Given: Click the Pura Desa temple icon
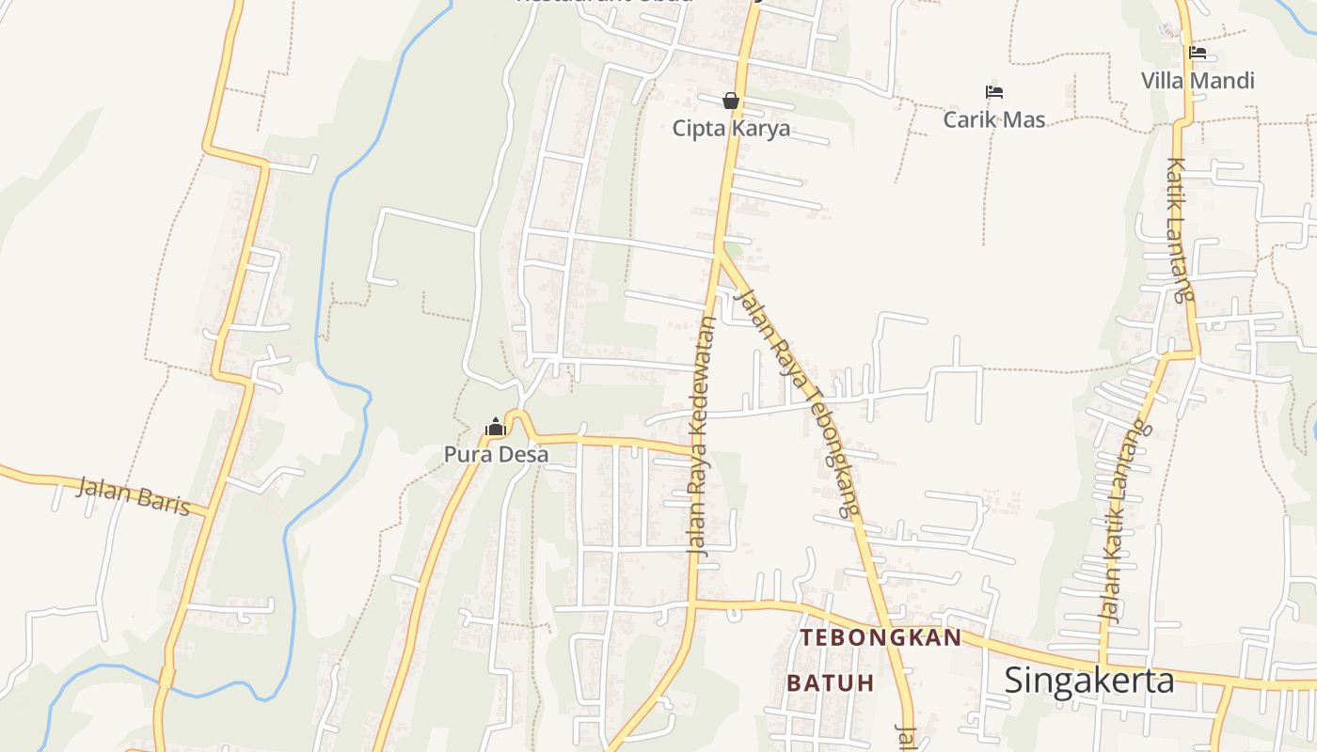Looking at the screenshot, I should [x=496, y=428].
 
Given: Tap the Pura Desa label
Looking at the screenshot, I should [x=496, y=455].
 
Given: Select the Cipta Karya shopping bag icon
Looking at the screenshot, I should [x=731, y=101].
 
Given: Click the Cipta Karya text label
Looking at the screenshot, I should [x=731, y=129].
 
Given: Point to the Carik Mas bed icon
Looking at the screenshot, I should [x=994, y=92].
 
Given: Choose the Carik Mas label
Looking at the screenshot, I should [x=994, y=119].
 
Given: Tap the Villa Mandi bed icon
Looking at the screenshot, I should [x=1198, y=53].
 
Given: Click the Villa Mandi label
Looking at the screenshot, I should [x=1198, y=81].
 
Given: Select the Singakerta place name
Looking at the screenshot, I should [x=1089, y=680].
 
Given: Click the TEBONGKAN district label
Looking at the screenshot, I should [x=881, y=638].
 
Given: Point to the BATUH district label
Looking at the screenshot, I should [x=831, y=682].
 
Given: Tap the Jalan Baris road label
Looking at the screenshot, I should [x=133, y=494].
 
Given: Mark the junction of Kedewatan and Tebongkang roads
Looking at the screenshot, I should [x=720, y=252].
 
